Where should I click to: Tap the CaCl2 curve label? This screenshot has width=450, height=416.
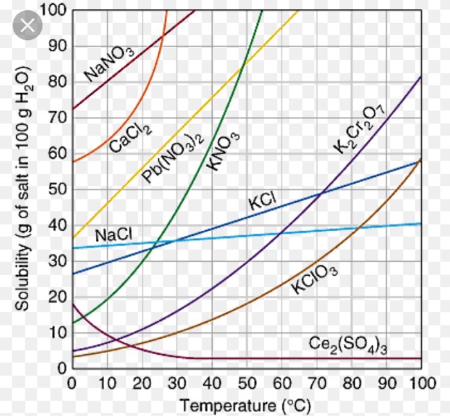(130, 137)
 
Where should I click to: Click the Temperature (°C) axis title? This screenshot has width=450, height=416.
(232, 405)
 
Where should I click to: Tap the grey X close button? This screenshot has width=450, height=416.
(27, 27)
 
